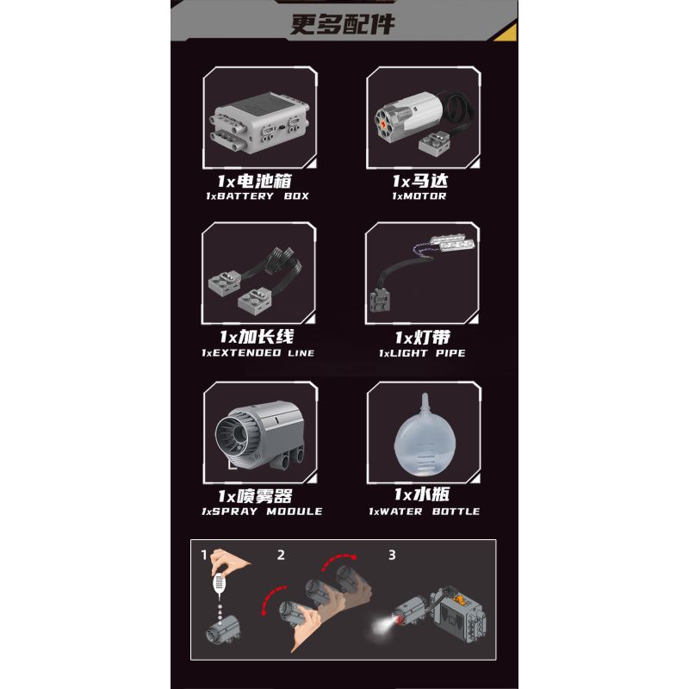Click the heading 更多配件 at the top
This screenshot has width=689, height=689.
coord(343,23)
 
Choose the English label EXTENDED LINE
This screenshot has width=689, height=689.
coord(258,353)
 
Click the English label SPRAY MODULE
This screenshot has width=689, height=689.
coord(262,511)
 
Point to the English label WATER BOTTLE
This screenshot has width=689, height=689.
coord(424,511)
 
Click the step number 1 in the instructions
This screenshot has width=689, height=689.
coord(204,555)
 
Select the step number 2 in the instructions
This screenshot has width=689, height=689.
coord(281,555)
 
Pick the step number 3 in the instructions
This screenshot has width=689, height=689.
coord(391,555)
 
